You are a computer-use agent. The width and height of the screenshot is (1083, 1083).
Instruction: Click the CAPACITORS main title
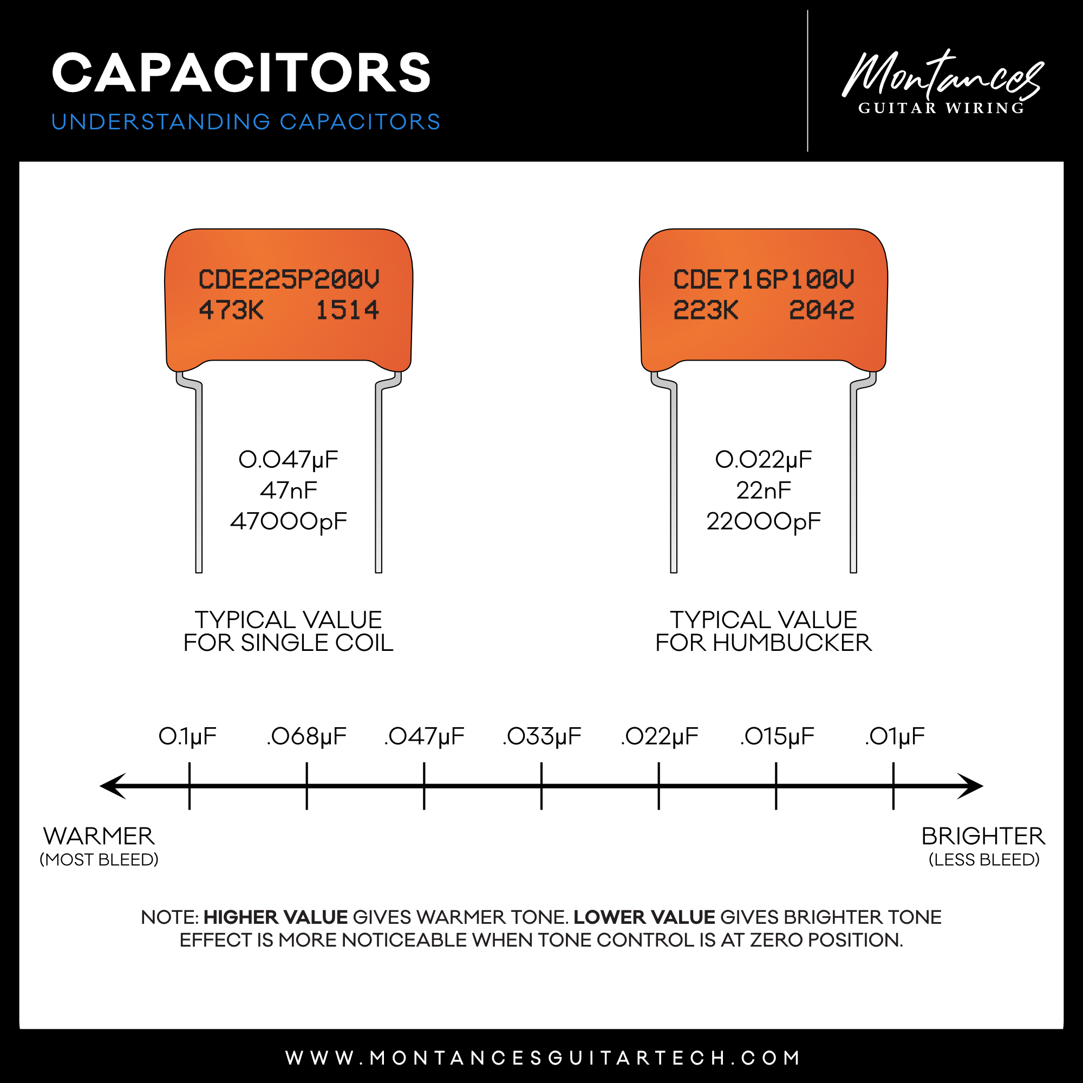[241, 73]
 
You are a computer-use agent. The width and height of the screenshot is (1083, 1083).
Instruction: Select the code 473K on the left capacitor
[231, 310]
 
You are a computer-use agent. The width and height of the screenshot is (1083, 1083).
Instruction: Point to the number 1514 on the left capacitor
[348, 310]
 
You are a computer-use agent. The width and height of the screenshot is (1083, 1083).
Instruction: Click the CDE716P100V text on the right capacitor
[764, 279]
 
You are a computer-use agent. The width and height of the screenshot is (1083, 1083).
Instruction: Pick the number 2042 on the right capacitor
[822, 310]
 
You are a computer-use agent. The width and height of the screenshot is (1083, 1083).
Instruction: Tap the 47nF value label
[289, 491]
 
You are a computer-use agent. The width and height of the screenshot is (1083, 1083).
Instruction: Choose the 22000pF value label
[764, 521]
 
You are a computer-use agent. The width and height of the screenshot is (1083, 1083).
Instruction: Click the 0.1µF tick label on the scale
[188, 736]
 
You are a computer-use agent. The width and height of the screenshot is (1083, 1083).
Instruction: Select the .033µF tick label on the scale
[542, 736]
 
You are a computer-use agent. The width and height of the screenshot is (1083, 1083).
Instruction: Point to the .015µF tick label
[777, 736]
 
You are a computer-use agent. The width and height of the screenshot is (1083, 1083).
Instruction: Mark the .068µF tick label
[306, 736]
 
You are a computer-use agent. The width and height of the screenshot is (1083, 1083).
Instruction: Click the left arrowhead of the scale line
[112, 786]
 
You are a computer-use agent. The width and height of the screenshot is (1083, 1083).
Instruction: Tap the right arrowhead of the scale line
[971, 786]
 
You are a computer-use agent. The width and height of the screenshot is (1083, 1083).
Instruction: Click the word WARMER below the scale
[99, 837]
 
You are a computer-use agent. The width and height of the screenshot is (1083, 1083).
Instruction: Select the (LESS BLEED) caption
[984, 860]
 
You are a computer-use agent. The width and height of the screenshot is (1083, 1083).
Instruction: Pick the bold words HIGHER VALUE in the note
[276, 917]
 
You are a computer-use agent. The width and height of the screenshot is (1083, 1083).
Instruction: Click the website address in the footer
[543, 1058]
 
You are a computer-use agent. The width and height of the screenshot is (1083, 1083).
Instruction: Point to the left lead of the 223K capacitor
[674, 477]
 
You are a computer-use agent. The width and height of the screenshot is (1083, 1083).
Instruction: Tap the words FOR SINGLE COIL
[289, 643]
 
